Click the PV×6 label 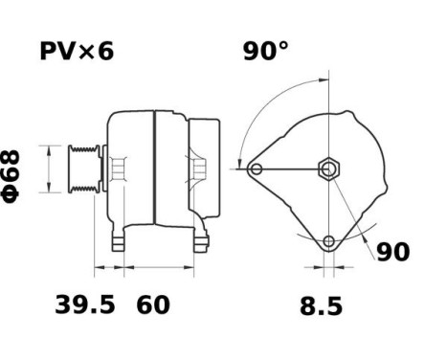[x=77, y=51]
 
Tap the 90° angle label [x=264, y=51]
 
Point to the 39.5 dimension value [x=83, y=305]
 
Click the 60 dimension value [x=153, y=305]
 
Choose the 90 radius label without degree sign [x=392, y=252]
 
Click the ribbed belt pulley [x=80, y=169]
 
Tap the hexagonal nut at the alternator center [x=327, y=169]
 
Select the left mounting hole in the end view [x=257, y=169]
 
